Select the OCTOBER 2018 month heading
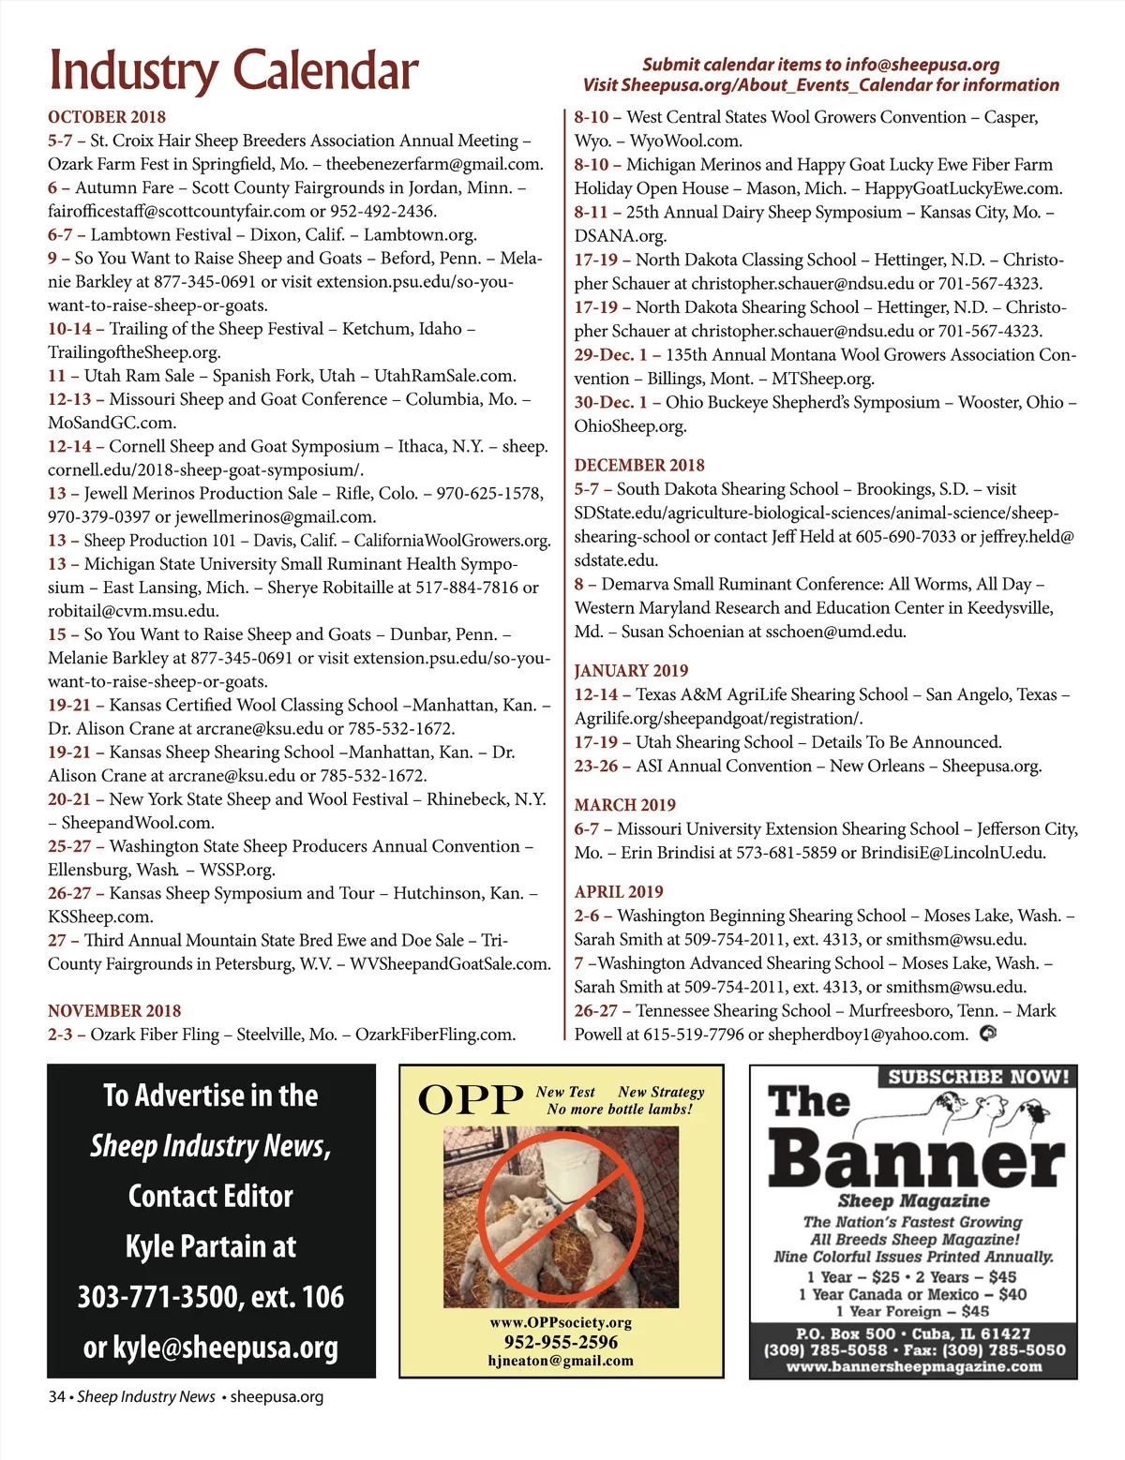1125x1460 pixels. pyautogui.click(x=107, y=117)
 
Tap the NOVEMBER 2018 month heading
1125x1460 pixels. pyautogui.click(x=114, y=1010)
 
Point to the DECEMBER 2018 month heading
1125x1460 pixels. pyautogui.click(x=639, y=465)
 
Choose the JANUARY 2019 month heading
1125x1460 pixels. pyautogui.click(x=631, y=670)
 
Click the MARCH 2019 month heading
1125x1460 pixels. pyautogui.click(x=624, y=805)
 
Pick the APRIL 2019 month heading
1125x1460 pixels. pyautogui.click(x=619, y=891)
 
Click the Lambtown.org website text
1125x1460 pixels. pyautogui.click(x=420, y=234)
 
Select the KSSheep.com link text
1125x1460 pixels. pyautogui.click(x=100, y=916)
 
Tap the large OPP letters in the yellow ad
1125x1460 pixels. pyautogui.click(x=471, y=1100)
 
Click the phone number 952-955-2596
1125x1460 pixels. pyautogui.click(x=561, y=1342)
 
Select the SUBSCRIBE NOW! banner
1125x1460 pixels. pyautogui.click(x=978, y=1077)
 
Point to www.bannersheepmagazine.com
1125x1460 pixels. pyautogui.click(x=913, y=1367)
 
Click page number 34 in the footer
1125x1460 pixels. pyautogui.click(x=56, y=1396)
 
